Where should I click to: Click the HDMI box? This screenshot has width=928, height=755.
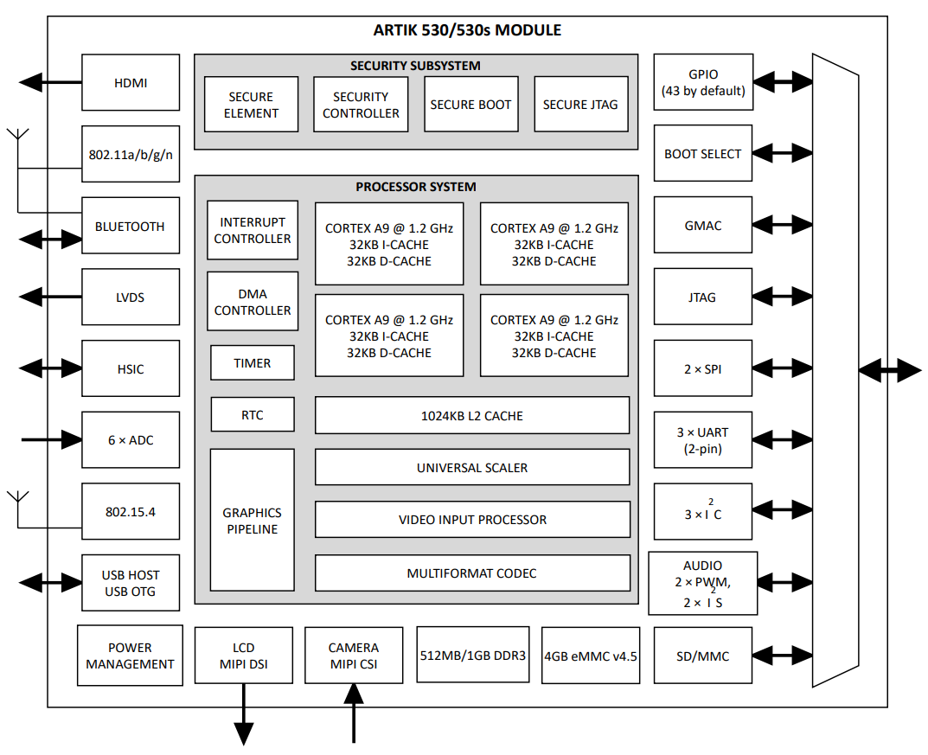131,83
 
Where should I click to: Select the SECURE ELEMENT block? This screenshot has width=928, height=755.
251,105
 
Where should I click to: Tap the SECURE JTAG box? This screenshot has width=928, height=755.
580,105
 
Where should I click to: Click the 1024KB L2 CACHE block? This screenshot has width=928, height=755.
471,416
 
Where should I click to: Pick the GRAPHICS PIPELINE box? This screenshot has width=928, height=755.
253,520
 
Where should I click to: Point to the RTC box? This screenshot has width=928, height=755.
253,415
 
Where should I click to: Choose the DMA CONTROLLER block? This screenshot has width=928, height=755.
253,302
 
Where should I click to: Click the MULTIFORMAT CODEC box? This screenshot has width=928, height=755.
471,573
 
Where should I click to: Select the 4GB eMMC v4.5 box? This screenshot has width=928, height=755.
591,656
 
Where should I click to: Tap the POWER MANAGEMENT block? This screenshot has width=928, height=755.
130,656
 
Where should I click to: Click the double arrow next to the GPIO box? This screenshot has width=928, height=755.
783,83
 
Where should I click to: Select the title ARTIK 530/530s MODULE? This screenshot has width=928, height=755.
467,30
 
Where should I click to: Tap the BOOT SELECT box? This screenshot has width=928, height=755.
702,154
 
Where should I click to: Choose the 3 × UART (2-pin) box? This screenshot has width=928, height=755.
702,440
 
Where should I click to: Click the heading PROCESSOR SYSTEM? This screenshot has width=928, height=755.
416,187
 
